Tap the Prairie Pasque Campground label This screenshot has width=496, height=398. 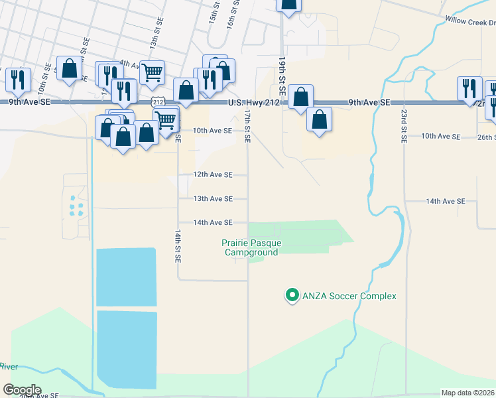point(251,247)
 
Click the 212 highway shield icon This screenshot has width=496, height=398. point(157,101)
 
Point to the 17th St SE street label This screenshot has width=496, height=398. point(247,126)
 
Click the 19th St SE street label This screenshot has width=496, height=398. point(282,77)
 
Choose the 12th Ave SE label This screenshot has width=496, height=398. point(212,174)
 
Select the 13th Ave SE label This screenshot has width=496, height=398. point(212,198)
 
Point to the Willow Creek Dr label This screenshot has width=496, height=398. point(471,21)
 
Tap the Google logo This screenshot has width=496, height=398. point(22,390)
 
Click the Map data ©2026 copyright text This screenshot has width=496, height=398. point(467,393)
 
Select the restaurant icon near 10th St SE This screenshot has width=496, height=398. point(18,80)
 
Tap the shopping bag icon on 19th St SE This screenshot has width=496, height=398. point(300,97)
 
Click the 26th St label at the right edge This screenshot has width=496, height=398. point(486,137)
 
